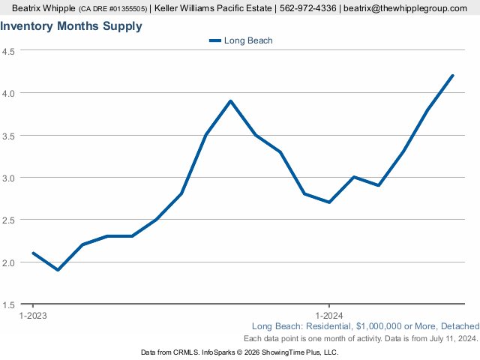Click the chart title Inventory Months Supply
[71, 26]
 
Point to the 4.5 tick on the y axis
[9, 51]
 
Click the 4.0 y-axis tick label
[9, 93]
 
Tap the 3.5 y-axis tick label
[9, 136]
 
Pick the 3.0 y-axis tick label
[9, 178]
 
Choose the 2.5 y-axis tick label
[9, 220]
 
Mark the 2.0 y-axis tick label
[9, 262]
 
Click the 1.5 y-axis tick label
[9, 305]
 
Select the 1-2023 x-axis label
[33, 315]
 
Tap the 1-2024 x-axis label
[329, 315]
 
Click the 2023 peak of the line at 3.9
[230, 101]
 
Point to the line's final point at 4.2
[453, 75]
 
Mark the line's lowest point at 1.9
[58, 270]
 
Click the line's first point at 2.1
[33, 253]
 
